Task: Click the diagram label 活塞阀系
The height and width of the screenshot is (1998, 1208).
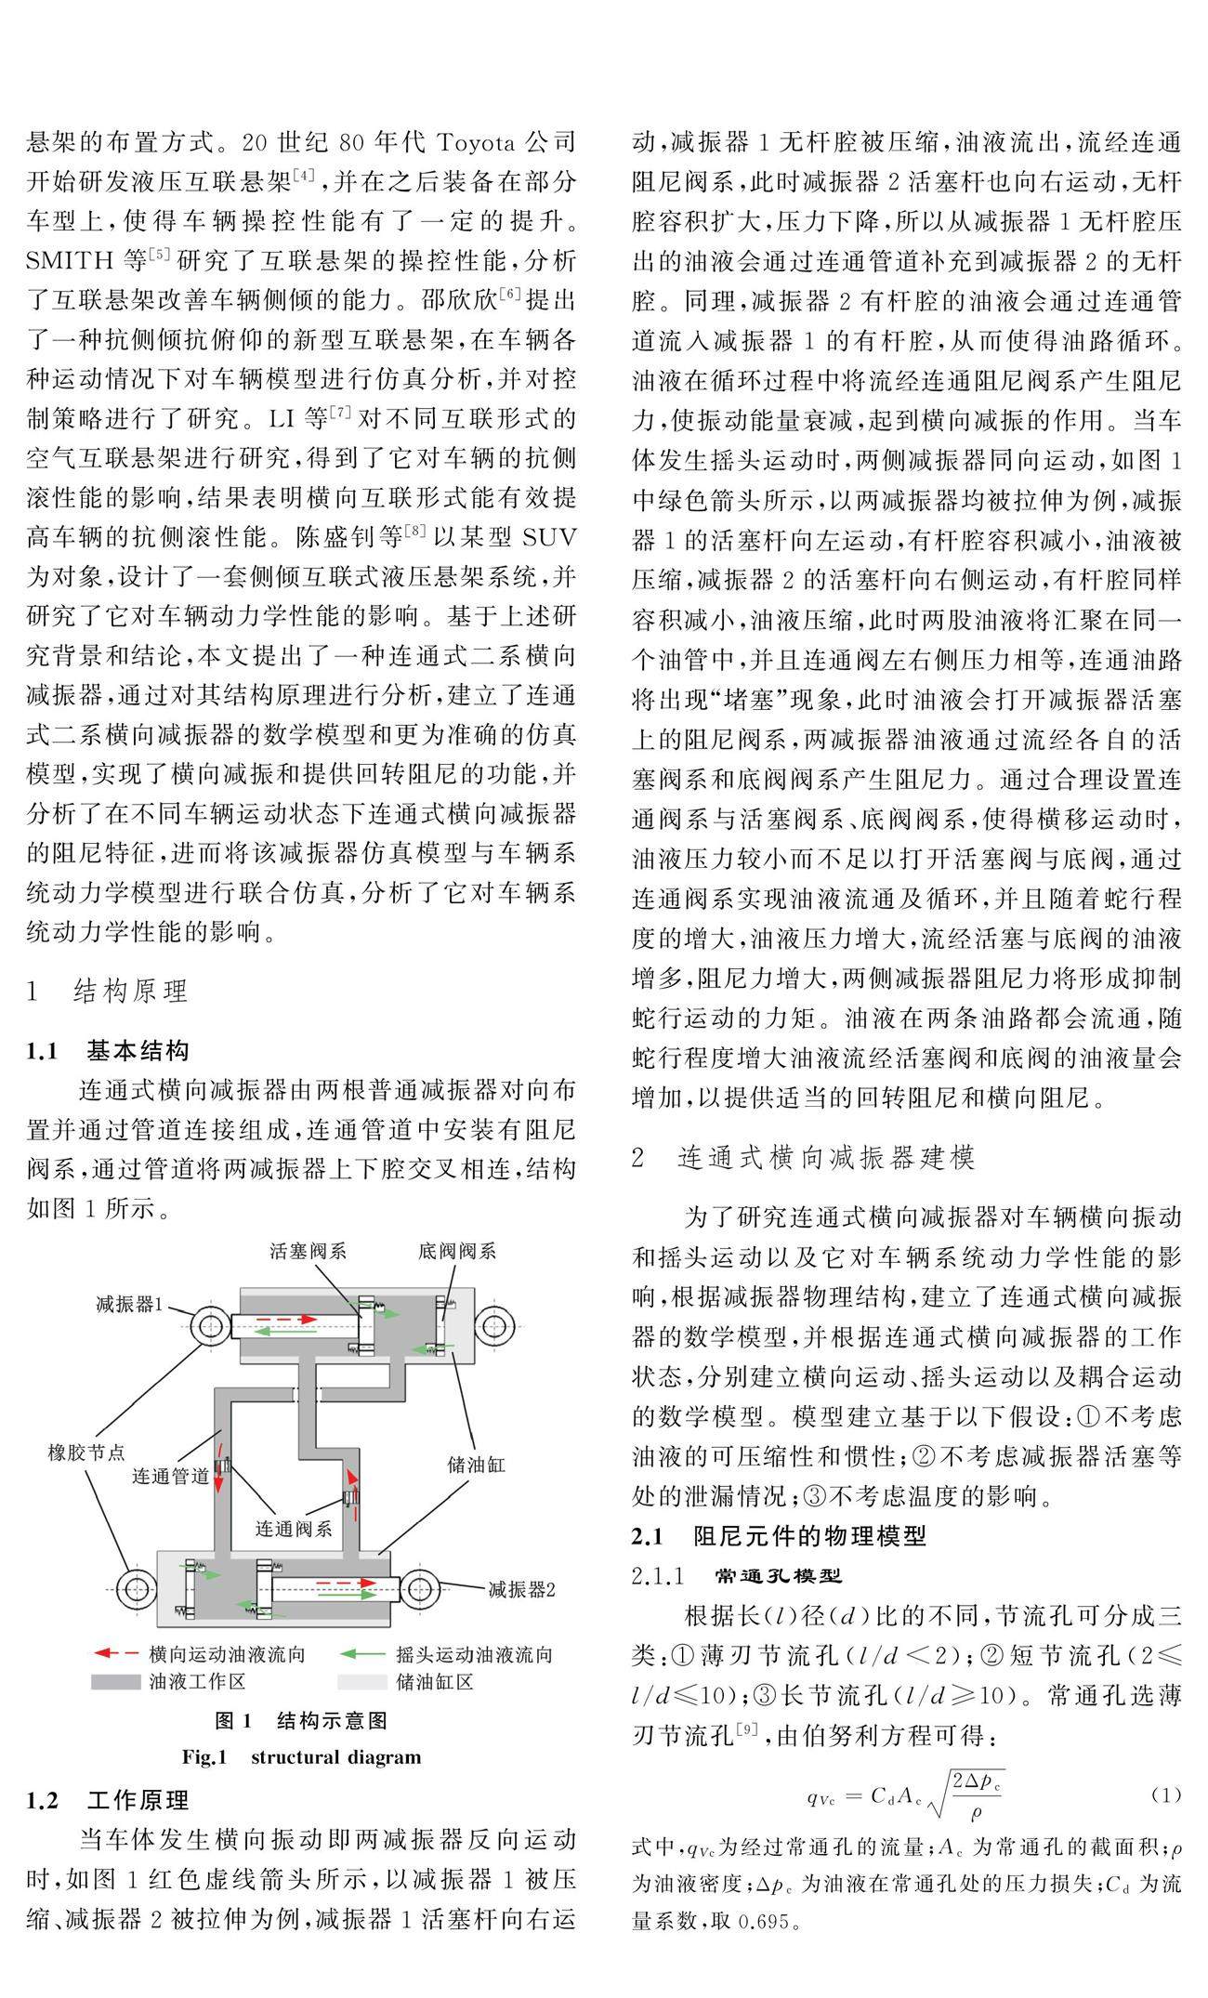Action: point(309,1250)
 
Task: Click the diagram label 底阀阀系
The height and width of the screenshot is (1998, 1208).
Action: point(457,1250)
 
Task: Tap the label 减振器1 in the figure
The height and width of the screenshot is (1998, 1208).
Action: point(129,1303)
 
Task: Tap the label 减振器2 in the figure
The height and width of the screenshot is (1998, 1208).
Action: point(522,1589)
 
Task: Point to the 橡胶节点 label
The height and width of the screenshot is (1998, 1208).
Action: point(86,1452)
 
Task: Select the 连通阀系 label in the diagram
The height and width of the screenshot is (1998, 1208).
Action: point(295,1528)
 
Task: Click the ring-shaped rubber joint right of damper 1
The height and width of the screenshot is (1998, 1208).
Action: point(496,1325)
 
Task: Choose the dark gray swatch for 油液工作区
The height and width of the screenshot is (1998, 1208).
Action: point(116,1682)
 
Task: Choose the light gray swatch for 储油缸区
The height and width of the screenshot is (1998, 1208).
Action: point(361,1682)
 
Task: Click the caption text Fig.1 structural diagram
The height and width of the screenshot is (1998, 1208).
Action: point(301,1757)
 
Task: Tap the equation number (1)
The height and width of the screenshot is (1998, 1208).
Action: point(1166,1794)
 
